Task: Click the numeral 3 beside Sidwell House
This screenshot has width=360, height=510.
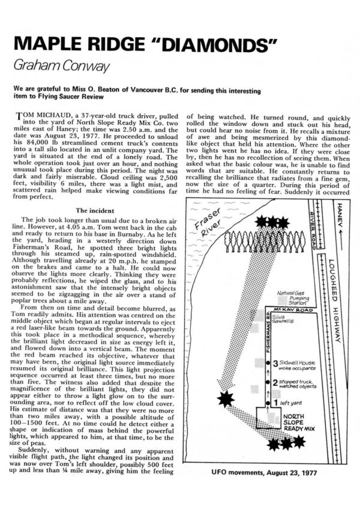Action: click(x=274, y=364)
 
